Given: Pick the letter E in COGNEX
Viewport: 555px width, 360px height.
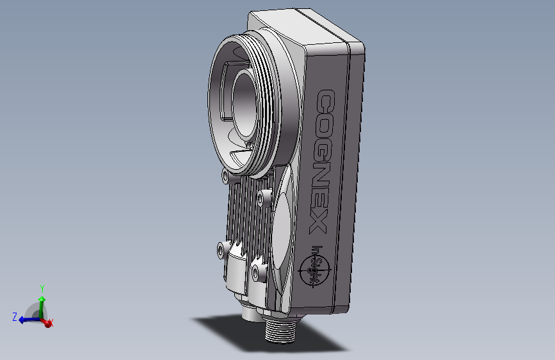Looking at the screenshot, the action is click(319, 201).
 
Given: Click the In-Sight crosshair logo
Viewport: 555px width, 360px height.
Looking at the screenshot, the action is click(315, 268).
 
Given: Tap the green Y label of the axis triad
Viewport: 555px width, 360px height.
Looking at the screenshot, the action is click(42, 288).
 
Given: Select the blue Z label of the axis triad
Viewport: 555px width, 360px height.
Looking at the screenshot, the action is click(15, 316).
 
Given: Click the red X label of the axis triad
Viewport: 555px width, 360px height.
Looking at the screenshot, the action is click(51, 322).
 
